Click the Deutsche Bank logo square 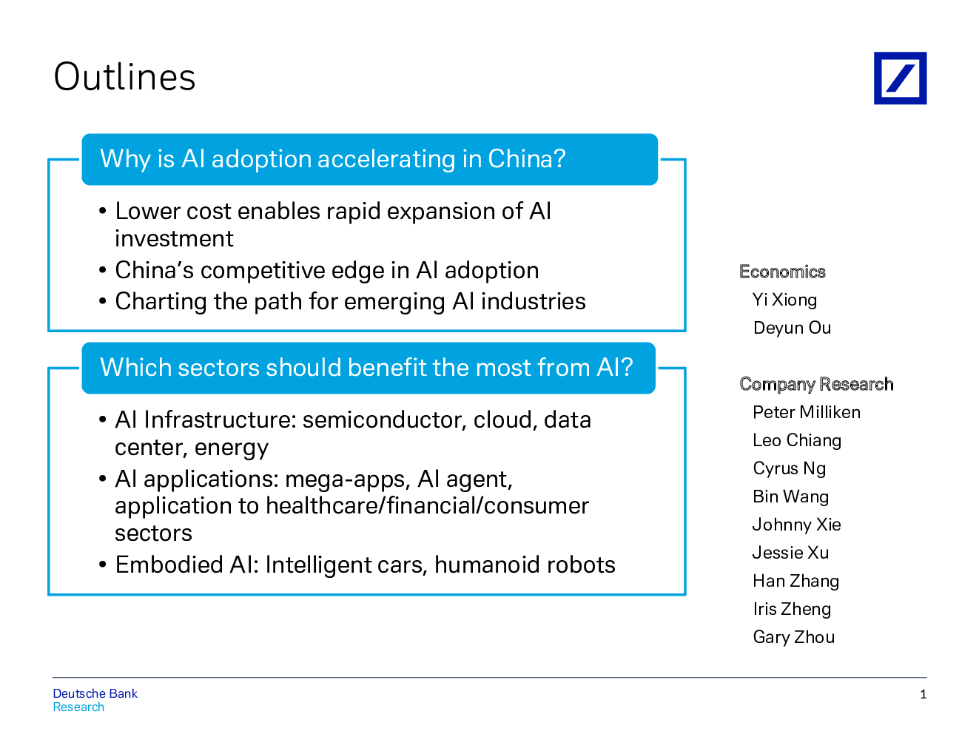coord(900,78)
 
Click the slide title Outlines coord(124,77)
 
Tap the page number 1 coord(923,694)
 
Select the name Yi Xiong coord(784,300)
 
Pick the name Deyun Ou coord(792,328)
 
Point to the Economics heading coord(782,272)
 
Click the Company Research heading coord(816,384)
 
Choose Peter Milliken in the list coord(807,412)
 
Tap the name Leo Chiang coord(797,440)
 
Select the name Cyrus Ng coord(790,468)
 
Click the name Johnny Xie coord(796,525)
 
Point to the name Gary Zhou coord(793,637)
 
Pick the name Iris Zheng coord(792,609)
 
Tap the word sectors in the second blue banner coord(218,367)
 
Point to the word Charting coord(161,301)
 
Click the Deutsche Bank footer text coord(95,693)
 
